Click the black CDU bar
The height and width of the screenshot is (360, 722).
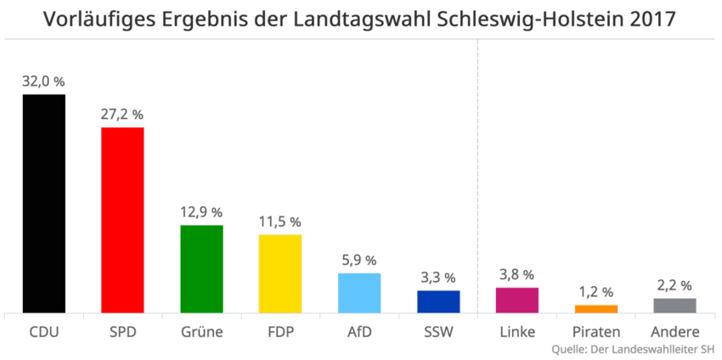tap(44, 204)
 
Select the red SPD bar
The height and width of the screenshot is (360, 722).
tap(122, 220)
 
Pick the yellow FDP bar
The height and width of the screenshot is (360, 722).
tap(280, 273)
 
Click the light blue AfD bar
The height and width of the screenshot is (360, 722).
tap(359, 293)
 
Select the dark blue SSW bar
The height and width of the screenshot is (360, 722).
tap(438, 301)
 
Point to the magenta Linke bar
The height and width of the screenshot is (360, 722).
tap(517, 300)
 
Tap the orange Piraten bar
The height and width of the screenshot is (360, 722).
tap(596, 309)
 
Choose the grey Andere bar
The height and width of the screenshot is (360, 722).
tap(675, 306)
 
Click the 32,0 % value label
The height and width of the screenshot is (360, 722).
tap(44, 82)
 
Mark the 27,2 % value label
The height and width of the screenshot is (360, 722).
tap(122, 115)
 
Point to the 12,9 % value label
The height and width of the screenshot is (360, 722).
tap(201, 212)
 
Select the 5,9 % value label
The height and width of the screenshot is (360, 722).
tap(359, 260)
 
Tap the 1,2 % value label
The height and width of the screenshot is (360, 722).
tap(596, 292)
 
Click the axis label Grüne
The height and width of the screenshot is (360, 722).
tap(201, 331)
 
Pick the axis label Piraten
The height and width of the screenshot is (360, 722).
tap(596, 331)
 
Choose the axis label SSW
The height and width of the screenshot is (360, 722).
tap(438, 331)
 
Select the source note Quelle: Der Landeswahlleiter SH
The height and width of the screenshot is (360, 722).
tap(632, 349)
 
